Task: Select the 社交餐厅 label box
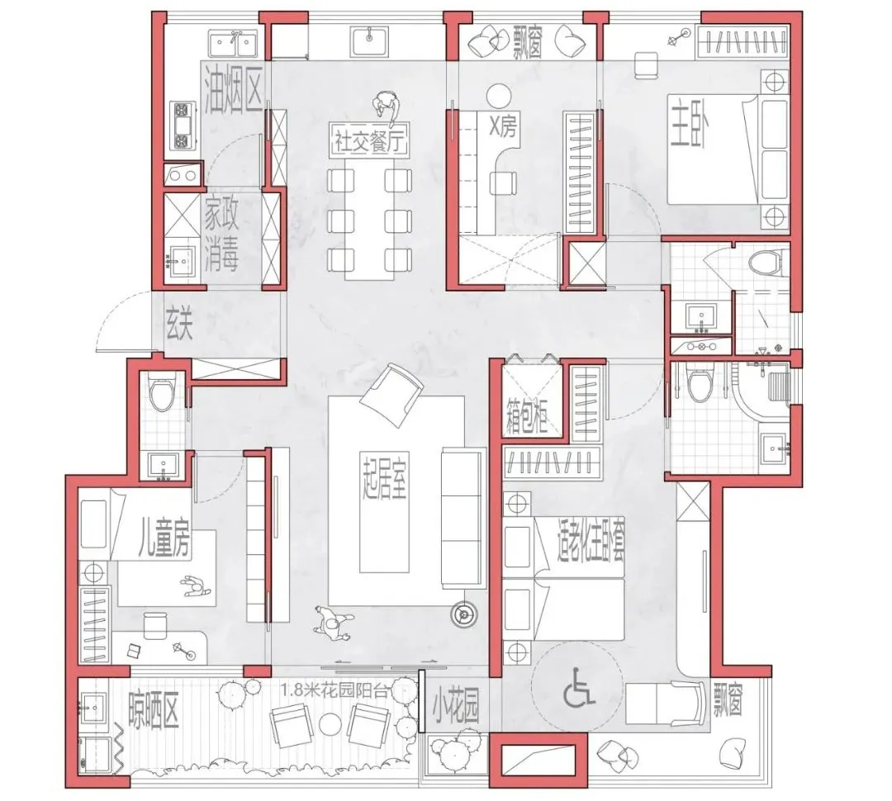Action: pos(370,140)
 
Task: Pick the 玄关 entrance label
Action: pos(180,323)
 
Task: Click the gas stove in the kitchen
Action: pos(183,126)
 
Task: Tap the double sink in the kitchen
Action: pos(232,44)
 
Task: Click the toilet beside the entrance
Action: pos(162,392)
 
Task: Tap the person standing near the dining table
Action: pos(387,106)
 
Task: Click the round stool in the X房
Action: pos(500,94)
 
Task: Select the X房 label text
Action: pos(504,127)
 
